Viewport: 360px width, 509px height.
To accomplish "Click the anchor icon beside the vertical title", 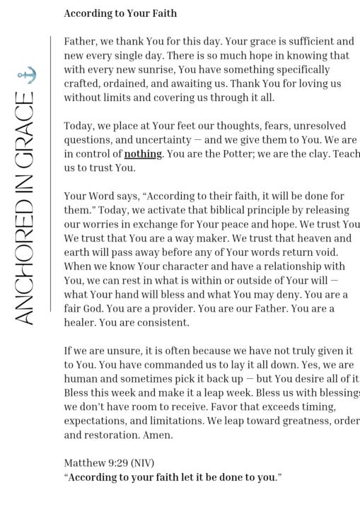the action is tap(26, 75).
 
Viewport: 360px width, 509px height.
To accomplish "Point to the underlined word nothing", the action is tap(143, 154).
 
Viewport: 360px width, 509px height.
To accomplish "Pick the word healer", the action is tap(80, 323).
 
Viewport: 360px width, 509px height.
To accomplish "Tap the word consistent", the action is tap(163, 323).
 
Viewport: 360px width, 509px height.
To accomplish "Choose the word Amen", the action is tap(157, 435).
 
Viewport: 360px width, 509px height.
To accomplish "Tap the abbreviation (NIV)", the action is tap(142, 464).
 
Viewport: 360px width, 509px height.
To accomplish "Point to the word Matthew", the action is tap(83, 464).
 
